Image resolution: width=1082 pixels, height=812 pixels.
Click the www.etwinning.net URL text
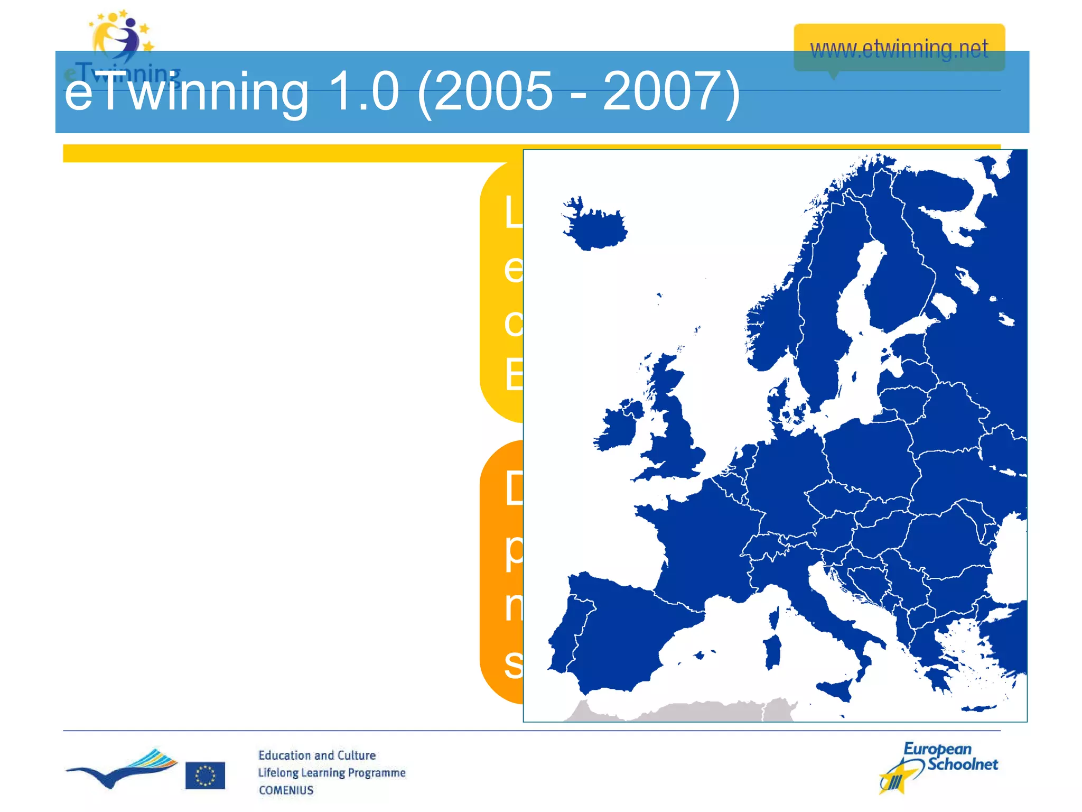(x=899, y=49)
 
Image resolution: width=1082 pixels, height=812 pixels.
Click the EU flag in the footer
(x=205, y=776)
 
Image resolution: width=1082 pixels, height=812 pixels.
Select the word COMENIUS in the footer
(x=286, y=790)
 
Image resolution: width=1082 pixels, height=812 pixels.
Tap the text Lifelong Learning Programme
(x=331, y=773)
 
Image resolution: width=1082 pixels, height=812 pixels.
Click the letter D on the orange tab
(x=513, y=488)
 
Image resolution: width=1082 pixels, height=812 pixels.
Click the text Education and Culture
(x=316, y=755)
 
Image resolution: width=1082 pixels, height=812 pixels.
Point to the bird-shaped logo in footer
(x=122, y=769)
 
